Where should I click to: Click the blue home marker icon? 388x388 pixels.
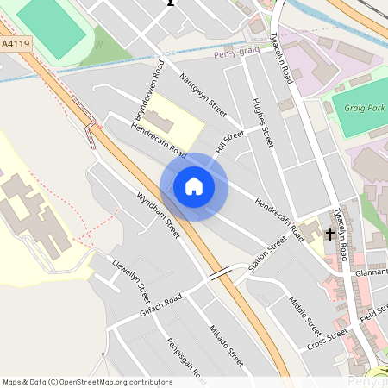[x=193, y=186]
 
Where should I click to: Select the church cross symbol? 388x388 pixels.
[x=330, y=234]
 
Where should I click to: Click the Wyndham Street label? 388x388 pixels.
[x=158, y=215]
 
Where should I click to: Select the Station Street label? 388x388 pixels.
[x=267, y=255]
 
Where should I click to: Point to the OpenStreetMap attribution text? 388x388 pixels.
[x=87, y=381]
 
